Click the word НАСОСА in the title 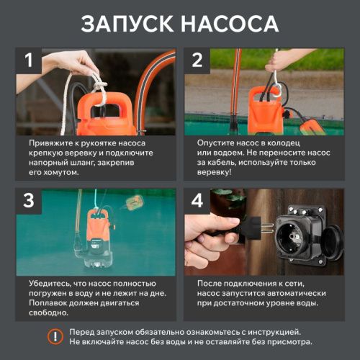(230, 23)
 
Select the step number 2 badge (197, 60)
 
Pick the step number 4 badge (197, 201)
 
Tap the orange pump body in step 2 (258, 108)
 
